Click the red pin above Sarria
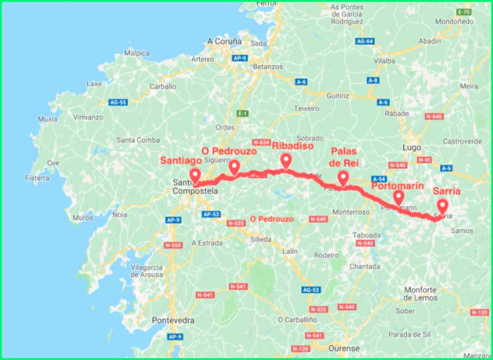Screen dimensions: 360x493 pos(442,207)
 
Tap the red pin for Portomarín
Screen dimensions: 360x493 pos(398,197)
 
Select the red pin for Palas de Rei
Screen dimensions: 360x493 pos(343,178)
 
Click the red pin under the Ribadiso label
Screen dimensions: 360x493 pos(286,160)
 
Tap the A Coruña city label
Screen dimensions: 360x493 pos(226,41)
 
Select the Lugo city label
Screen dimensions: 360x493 pos(410,148)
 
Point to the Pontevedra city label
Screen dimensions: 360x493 pos(173,321)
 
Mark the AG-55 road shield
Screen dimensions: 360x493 pos(118,102)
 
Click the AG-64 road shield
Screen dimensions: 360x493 pos(365,41)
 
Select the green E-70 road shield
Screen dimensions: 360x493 pos(465,12)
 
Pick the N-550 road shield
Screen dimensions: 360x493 pos(173,245)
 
